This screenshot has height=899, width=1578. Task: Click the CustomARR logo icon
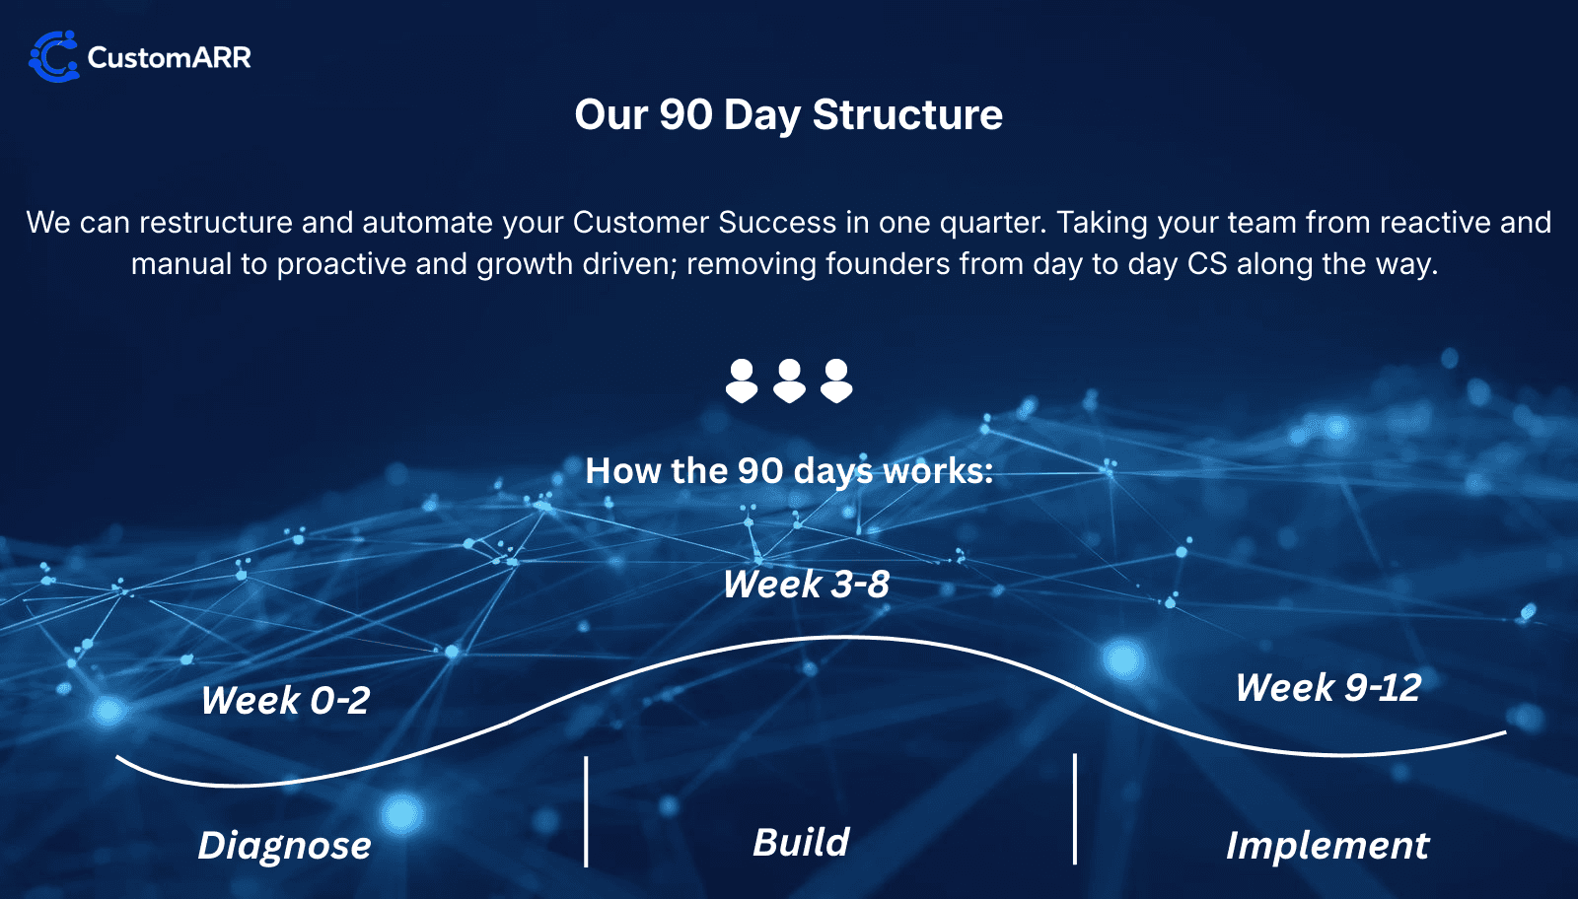[53, 56]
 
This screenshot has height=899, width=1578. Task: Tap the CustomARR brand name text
[169, 57]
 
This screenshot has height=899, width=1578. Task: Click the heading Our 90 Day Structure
[788, 115]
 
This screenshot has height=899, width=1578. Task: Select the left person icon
[742, 380]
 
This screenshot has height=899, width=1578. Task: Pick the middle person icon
[789, 380]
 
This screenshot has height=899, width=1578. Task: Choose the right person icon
[836, 380]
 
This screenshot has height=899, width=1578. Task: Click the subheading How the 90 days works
[788, 471]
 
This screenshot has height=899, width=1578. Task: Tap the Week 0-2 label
[285, 701]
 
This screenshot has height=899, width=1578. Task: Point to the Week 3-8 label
[806, 585]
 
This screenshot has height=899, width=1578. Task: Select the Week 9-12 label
[1327, 688]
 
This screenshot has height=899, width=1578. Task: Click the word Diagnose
[284, 846]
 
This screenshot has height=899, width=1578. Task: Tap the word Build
[801, 843]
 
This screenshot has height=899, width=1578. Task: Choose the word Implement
[1327, 846]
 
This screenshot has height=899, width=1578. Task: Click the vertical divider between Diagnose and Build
[586, 811]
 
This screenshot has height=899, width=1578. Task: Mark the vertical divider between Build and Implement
[1075, 809]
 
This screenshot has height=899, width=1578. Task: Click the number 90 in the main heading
[686, 115]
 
